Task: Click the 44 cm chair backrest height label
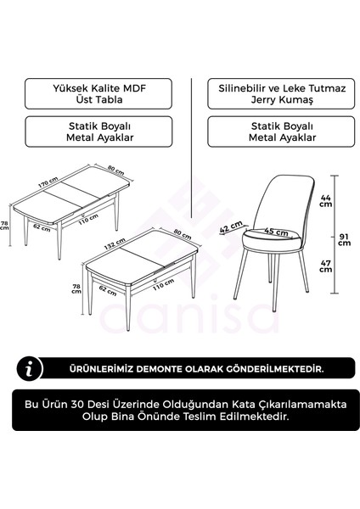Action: pos(325,199)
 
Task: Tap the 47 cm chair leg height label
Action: pos(325,265)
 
